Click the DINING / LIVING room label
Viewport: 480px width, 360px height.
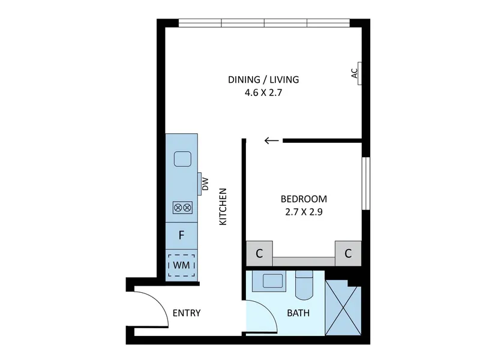point(263,80)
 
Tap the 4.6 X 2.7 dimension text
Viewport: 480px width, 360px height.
point(263,92)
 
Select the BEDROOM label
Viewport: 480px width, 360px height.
point(304,199)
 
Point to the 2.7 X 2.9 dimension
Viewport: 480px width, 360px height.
point(304,212)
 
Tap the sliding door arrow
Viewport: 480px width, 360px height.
point(272,140)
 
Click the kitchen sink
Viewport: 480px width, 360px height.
point(183,159)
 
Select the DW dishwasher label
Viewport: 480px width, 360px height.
point(205,184)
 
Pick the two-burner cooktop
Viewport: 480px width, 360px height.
point(183,208)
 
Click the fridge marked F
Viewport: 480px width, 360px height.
point(182,235)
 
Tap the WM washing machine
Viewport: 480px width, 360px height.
point(182,265)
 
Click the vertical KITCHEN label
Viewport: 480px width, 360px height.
point(223,206)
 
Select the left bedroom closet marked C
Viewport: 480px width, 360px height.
point(259,253)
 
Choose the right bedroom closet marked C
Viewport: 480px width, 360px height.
point(348,253)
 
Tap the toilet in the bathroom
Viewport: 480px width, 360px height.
point(304,285)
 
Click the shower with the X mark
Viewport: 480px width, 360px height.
point(343,307)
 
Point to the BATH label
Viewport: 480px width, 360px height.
point(298,313)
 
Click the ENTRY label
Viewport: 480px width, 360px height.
point(187,313)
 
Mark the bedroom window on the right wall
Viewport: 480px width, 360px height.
point(366,184)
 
